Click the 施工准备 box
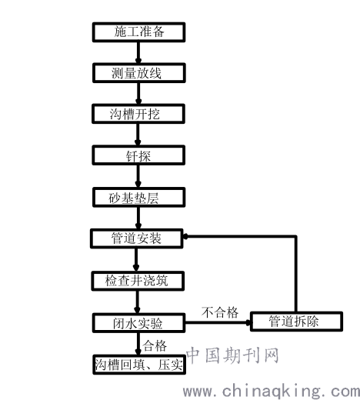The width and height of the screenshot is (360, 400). pos(138,32)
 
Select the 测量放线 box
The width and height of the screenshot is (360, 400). pos(138,73)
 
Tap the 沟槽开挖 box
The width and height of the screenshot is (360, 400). pos(138,114)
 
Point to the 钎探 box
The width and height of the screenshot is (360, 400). pos(138,155)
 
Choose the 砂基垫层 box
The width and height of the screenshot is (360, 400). pos(138,198)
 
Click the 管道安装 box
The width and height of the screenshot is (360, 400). pos(137,238)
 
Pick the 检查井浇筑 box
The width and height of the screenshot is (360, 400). pos(138,281)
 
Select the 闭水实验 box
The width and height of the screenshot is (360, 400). pos(138,323)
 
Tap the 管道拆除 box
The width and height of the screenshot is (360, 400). pos(296,322)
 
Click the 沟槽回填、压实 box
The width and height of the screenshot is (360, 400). pos(139,365)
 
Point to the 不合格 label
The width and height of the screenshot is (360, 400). pos(220,312)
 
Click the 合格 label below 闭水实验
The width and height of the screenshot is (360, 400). pos(155,345)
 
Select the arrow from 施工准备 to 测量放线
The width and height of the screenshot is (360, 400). pos(138,52)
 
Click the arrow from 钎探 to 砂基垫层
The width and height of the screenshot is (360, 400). pos(138,176)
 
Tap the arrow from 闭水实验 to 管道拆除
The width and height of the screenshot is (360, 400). pos(218,322)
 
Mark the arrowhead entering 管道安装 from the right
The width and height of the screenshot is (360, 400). pos(185,236)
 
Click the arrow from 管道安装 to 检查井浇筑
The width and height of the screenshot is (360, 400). pos(136,260)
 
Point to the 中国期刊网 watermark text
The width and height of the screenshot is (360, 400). pos(232,355)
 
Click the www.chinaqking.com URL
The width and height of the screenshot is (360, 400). pos(272,392)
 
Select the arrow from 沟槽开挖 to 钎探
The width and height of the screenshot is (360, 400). pos(138,135)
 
